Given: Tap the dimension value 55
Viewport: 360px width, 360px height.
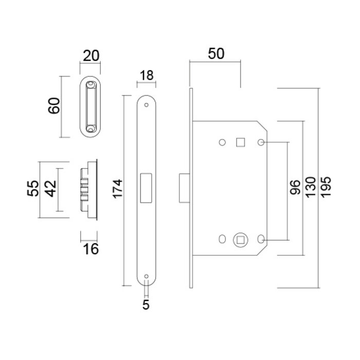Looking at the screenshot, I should click(32, 189).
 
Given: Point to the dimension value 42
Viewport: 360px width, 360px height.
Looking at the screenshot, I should click(49, 189).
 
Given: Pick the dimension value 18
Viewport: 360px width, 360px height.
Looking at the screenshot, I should click(147, 75).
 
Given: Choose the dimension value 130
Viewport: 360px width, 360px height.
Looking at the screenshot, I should click(310, 189).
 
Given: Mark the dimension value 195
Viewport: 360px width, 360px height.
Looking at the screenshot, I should click(325, 189).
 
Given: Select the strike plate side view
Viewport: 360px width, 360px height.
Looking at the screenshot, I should click(89, 189).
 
